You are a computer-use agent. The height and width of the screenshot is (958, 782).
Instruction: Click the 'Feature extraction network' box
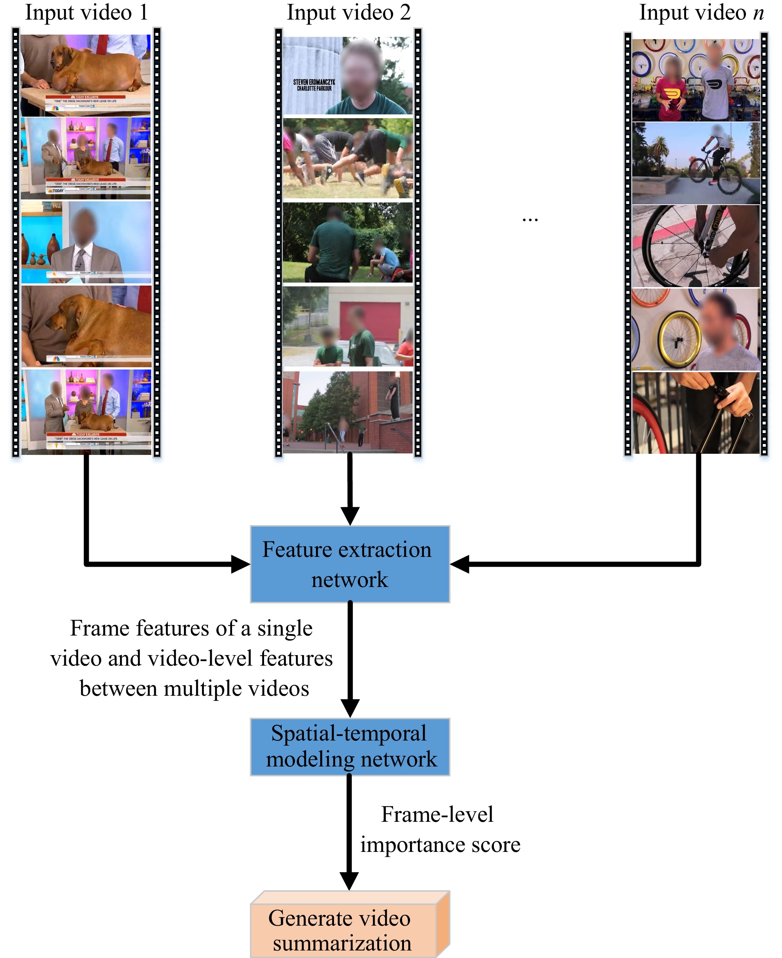349,564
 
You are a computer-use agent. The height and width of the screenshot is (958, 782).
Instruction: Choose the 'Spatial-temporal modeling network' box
349,747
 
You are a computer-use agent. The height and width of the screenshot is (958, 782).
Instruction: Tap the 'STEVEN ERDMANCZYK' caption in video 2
314,82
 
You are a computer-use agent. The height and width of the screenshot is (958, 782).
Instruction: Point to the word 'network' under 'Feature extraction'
349,579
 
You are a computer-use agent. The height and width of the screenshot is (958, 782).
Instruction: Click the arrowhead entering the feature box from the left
240,564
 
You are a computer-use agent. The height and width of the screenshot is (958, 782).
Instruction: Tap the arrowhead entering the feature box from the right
460,564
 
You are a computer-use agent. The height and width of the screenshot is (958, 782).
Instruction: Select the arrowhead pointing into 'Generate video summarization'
349,880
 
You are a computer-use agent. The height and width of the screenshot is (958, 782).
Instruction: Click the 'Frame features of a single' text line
191,628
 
